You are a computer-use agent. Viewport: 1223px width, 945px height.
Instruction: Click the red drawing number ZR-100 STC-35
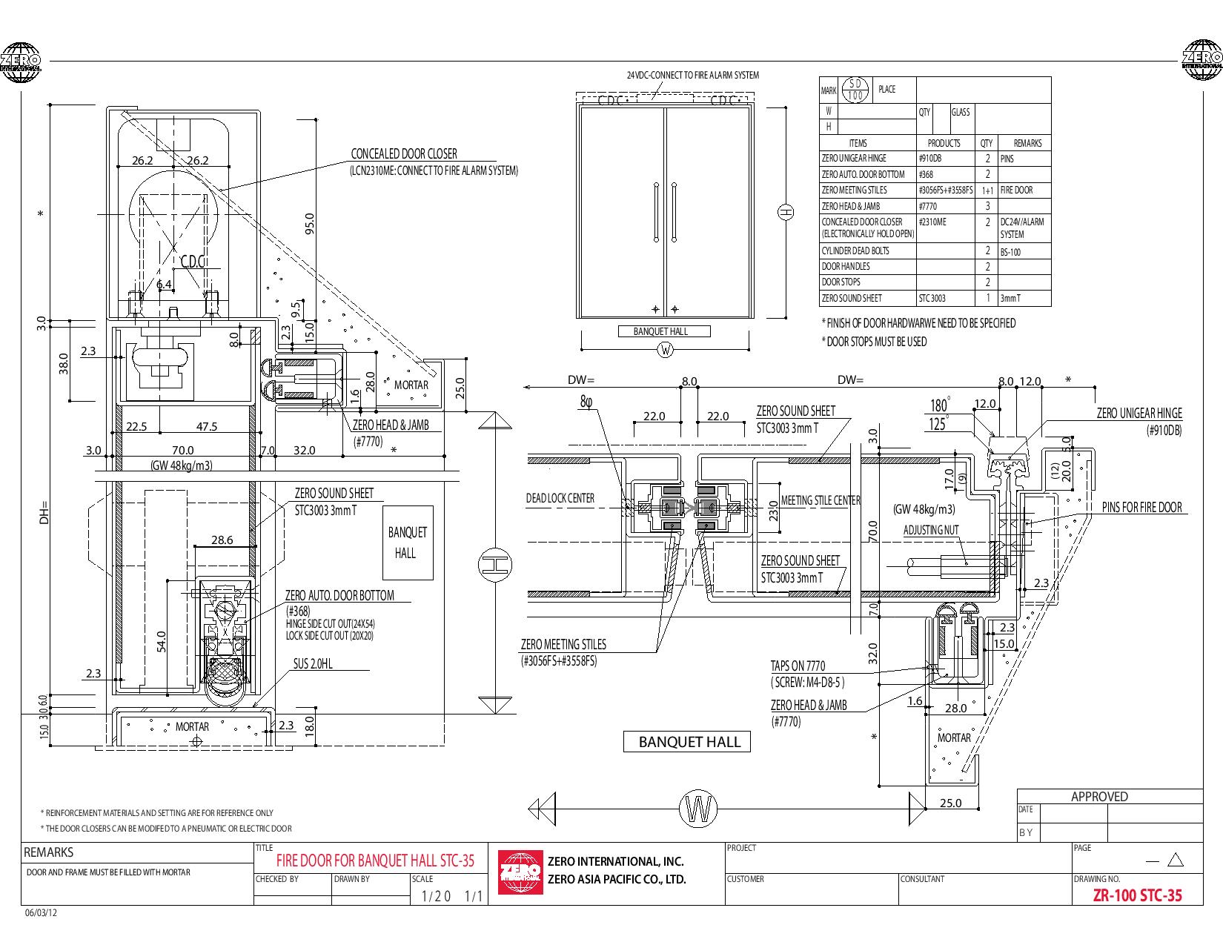coord(1138,895)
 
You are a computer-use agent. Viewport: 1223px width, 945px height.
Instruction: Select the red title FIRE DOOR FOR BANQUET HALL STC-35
coord(375,861)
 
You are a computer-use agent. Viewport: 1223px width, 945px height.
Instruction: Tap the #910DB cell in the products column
coord(929,159)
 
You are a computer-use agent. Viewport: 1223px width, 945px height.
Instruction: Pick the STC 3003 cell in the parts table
coord(932,298)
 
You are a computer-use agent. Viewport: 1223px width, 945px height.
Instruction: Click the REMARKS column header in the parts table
coord(1028,144)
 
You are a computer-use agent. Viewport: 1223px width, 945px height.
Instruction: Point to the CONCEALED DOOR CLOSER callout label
coord(403,153)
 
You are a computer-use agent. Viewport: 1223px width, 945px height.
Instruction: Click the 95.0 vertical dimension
coord(309,224)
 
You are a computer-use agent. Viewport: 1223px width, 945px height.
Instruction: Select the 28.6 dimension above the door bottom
coord(222,540)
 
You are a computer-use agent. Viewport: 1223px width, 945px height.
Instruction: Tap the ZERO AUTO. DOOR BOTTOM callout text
coord(339,595)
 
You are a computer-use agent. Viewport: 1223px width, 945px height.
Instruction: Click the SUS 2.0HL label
coord(313,663)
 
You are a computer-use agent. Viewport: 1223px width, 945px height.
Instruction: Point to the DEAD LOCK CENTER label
coord(560,498)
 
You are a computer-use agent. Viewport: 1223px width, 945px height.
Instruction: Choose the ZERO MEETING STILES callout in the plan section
coord(563,644)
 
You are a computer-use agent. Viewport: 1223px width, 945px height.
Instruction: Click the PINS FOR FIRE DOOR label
coord(1142,507)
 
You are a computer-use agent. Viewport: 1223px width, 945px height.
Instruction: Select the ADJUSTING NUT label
coord(931,530)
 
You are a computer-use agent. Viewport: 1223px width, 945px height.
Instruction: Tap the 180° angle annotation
coord(940,405)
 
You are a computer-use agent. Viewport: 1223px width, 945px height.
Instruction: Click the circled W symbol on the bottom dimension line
coord(698,809)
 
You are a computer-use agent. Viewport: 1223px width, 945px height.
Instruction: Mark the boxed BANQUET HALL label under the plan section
coord(686,742)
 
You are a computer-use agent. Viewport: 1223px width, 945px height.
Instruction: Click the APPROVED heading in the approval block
coord(1099,797)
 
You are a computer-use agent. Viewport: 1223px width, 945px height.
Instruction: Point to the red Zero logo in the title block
coord(520,872)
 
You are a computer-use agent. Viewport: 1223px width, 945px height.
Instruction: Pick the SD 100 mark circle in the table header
coord(855,90)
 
